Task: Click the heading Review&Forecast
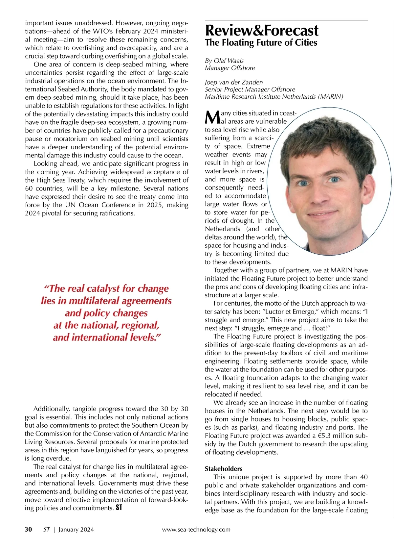coord(262,30)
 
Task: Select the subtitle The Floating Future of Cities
coord(261,43)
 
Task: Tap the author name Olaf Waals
coord(229,61)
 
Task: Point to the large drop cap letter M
coord(212,117)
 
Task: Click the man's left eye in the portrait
coord(334,179)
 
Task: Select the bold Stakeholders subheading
coord(224,469)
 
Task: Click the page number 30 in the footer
coord(29,529)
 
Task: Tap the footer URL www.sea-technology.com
coord(196,530)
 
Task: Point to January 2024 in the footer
coord(76,530)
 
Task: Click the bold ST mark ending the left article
coord(119,508)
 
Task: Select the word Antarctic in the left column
coord(140,434)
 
